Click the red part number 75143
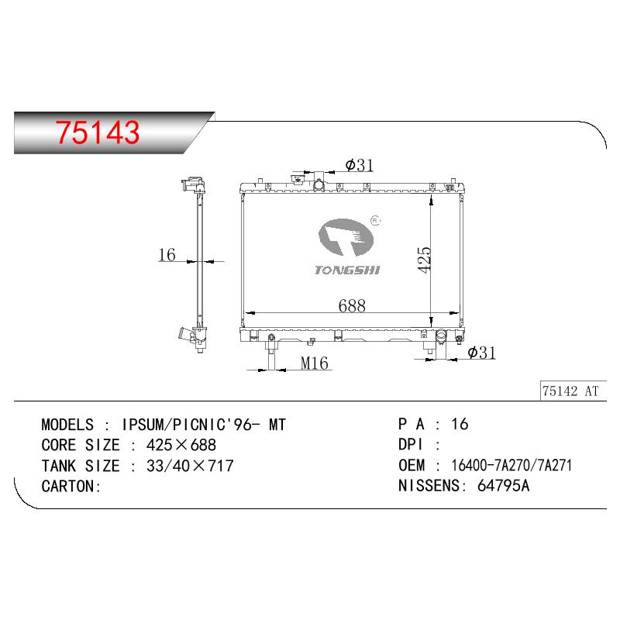[x=98, y=132]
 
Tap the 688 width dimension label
[x=352, y=305]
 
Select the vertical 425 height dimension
[x=424, y=260]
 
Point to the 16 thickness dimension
[x=167, y=255]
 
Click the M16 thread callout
[x=315, y=363]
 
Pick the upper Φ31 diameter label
[x=360, y=165]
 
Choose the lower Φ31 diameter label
[x=481, y=353]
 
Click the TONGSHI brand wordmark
[x=347, y=270]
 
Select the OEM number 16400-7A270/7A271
[x=511, y=466]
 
